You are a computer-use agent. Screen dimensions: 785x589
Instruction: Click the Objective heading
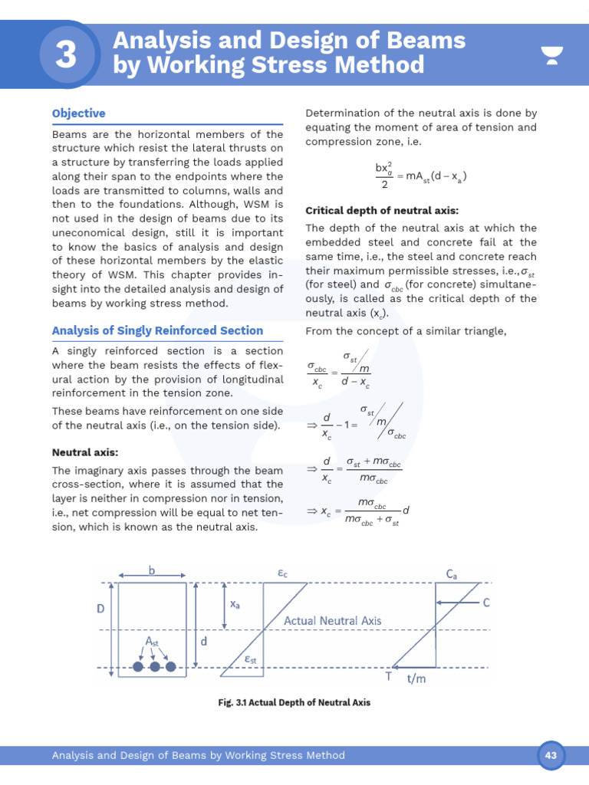click(x=78, y=113)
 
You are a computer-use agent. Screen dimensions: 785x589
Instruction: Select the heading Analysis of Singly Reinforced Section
click(x=157, y=330)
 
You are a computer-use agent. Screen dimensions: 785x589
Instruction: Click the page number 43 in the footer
click(x=550, y=755)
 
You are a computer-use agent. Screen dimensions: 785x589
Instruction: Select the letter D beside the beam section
click(x=100, y=609)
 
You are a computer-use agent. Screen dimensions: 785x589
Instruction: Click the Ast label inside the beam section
click(x=153, y=641)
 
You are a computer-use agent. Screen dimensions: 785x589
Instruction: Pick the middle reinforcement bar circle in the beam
click(x=155, y=667)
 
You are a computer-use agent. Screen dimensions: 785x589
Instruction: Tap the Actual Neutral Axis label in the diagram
click(x=332, y=620)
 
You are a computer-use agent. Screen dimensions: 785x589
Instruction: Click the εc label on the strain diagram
click(x=283, y=573)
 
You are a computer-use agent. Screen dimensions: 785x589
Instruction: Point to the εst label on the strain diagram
click(x=250, y=659)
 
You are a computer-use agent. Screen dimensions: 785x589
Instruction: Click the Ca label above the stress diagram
click(x=452, y=573)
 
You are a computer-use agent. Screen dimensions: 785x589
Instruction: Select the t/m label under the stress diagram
click(x=417, y=678)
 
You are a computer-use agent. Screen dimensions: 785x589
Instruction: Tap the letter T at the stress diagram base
click(x=389, y=676)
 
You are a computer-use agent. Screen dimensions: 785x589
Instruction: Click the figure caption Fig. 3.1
click(x=294, y=701)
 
